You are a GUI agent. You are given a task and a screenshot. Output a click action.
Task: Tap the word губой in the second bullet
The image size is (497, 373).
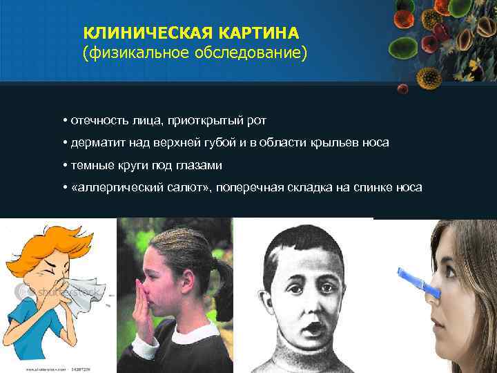tap(224, 143)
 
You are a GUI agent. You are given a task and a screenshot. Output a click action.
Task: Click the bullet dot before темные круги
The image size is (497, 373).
tap(64, 166)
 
